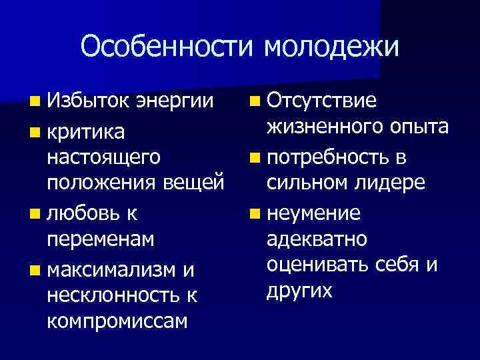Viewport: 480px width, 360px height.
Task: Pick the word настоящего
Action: (104, 158)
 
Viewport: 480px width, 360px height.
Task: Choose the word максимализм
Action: (113, 268)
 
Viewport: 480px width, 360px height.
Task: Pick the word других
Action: (299, 292)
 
